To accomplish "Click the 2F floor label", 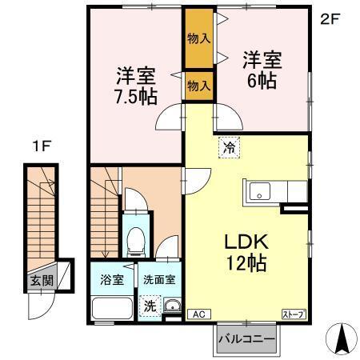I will [330, 18].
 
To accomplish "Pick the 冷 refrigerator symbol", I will [230, 146].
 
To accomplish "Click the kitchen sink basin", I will [261, 192].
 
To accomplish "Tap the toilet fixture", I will [136, 238].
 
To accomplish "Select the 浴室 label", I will [111, 280].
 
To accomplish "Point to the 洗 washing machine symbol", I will [149, 305].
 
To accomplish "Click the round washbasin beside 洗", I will [170, 304].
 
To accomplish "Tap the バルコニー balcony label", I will [247, 340].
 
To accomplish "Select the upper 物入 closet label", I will [199, 38].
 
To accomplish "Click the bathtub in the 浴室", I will [111, 308].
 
